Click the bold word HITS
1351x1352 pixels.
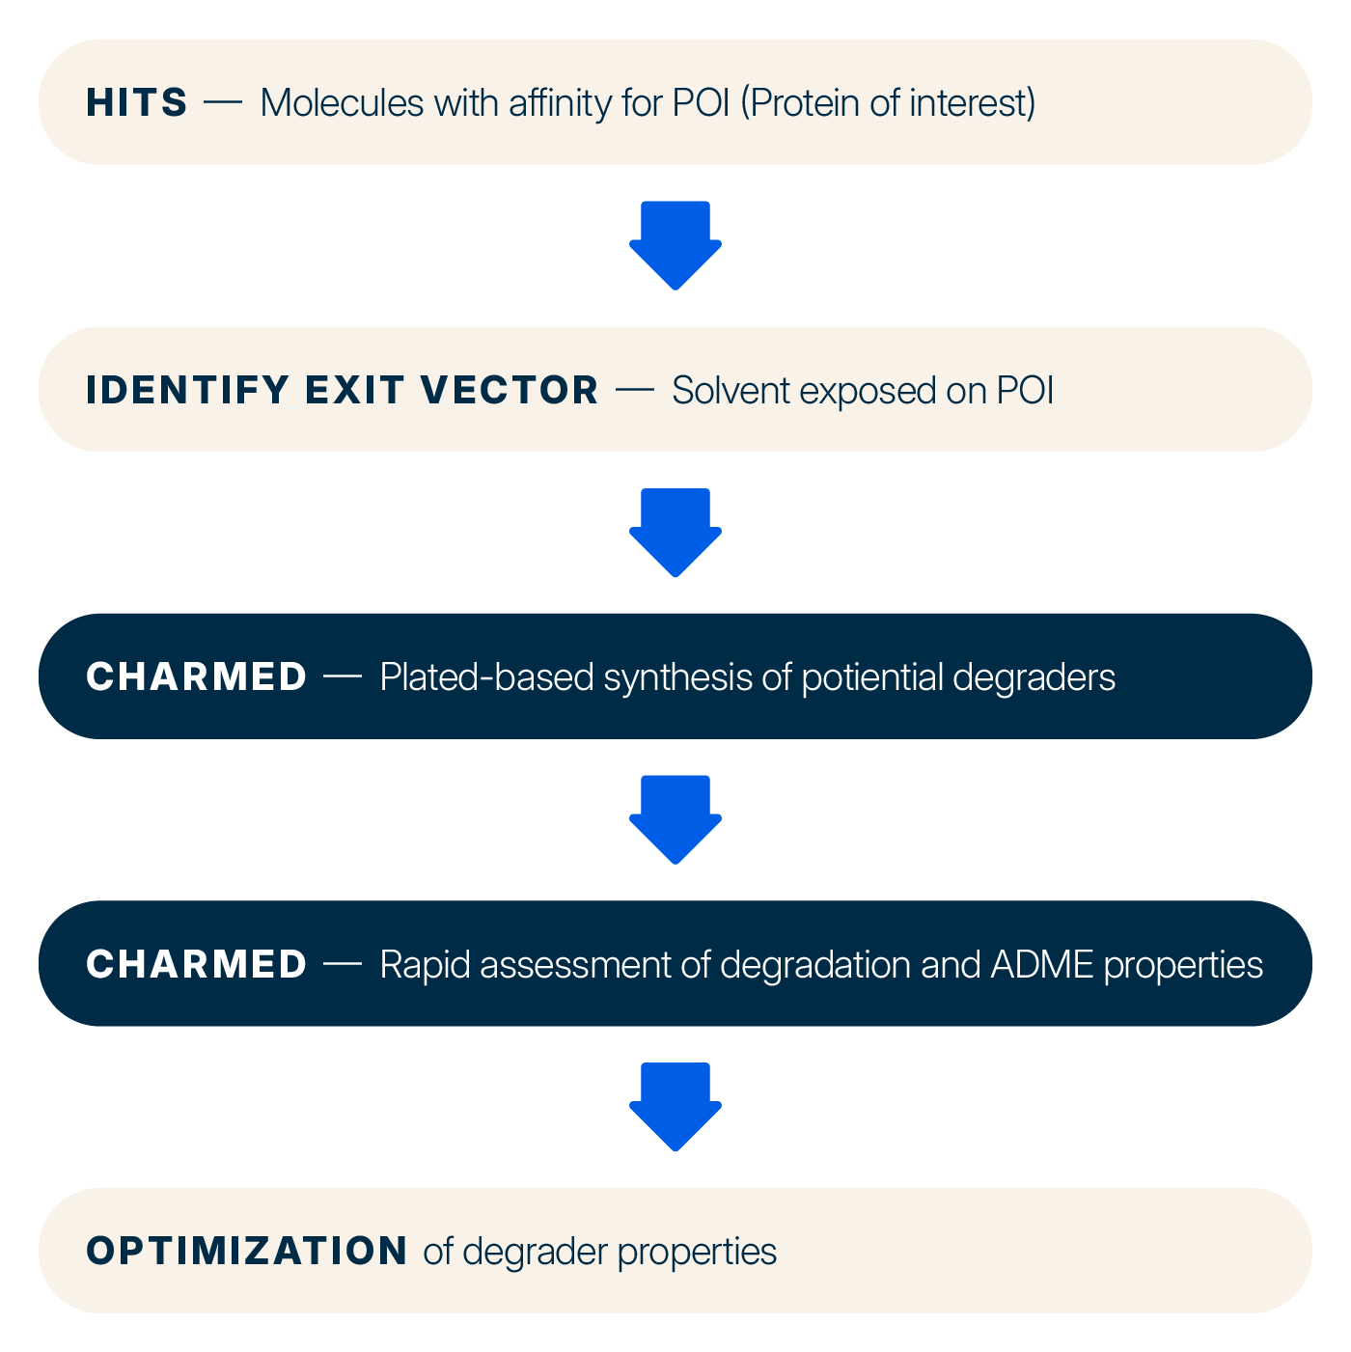pos(136,102)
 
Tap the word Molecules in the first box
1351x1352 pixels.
pos(342,102)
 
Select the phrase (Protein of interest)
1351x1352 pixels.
pos(888,102)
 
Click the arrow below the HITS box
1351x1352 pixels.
pos(675,244)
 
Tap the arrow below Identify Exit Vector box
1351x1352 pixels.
pos(675,532)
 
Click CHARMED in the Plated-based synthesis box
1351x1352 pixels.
pos(196,676)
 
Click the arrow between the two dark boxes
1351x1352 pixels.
pos(675,818)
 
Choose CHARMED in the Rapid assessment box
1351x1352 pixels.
pos(196,964)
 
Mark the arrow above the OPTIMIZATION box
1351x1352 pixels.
pos(675,1106)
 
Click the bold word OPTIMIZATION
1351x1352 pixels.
pos(247,1251)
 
